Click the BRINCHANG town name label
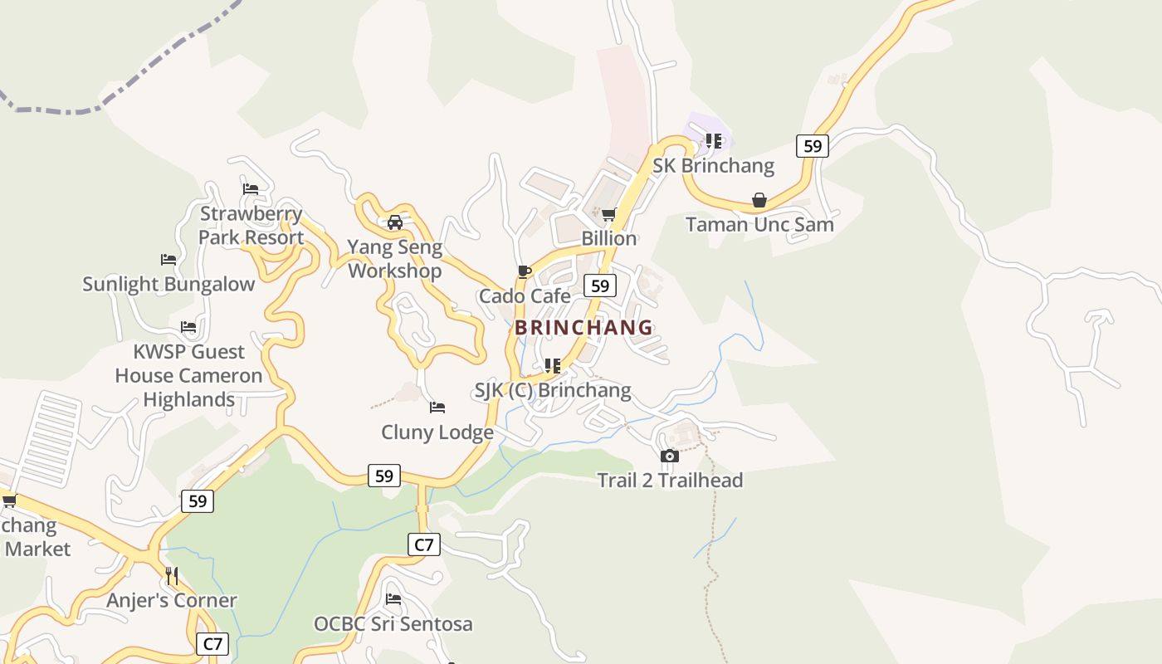click(583, 327)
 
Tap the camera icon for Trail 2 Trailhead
click(670, 456)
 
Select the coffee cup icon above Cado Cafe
click(525, 271)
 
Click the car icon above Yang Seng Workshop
click(395, 222)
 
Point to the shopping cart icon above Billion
click(608, 215)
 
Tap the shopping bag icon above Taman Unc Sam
click(759, 200)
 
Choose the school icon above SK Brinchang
click(713, 141)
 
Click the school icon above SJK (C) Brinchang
click(552, 366)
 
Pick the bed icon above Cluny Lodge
click(437, 408)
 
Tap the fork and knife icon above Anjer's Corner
click(172, 575)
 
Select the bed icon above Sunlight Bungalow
click(168, 260)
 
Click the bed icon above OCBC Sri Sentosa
click(393, 599)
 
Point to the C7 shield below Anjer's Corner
click(213, 644)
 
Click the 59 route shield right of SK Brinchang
click(812, 146)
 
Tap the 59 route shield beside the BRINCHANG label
click(599, 286)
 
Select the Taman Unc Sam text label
click(759, 224)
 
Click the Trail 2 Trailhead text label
click(670, 480)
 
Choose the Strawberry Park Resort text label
click(251, 226)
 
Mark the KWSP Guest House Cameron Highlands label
click(188, 375)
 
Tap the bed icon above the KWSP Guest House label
click(188, 327)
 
